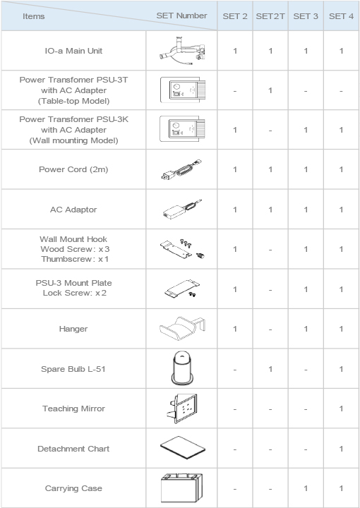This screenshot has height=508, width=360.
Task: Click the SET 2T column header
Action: coord(270,16)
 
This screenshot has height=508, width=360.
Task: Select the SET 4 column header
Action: coord(342,16)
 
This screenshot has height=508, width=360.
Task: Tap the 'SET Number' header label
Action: coord(182,16)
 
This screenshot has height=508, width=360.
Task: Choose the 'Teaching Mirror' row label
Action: coord(73,409)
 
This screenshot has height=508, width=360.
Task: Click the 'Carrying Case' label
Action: coord(73,488)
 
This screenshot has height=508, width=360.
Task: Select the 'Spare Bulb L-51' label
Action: coord(73,369)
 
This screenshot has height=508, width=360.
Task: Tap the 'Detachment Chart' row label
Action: coord(73,449)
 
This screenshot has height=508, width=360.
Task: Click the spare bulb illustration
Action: coord(182,368)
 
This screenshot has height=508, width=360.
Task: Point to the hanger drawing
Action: coord(182,329)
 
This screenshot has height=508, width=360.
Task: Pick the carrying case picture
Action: coord(182,488)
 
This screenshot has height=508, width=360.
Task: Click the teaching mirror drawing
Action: coord(181,409)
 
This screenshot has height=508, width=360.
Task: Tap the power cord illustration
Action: coord(182,169)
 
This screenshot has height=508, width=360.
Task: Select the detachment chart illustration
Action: coord(182,449)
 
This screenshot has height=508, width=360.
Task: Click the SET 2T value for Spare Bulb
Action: coord(270,369)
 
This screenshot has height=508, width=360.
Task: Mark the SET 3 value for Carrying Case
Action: coord(306,488)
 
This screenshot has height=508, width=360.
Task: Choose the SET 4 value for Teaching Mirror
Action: coord(342,409)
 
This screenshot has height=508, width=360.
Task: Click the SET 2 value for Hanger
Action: coord(235,329)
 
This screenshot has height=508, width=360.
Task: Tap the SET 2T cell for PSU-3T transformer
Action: coord(270,90)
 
